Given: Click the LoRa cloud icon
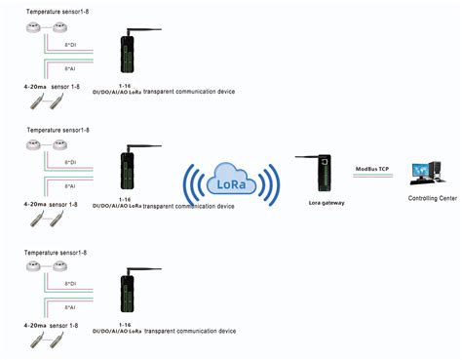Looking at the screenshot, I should pyautogui.click(x=233, y=181).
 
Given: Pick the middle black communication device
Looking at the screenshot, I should pyautogui.click(x=128, y=173).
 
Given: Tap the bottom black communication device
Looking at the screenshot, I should pyautogui.click(x=128, y=297).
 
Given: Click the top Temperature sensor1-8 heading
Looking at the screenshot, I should pyautogui.click(x=58, y=9).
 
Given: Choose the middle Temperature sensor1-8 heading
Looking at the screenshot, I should pyautogui.click(x=58, y=129).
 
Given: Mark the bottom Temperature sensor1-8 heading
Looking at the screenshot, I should pyautogui.click(x=58, y=253).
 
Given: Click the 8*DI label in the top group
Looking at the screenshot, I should pyautogui.click(x=70, y=46).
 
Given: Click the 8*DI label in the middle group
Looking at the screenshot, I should pyautogui.click(x=70, y=162).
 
